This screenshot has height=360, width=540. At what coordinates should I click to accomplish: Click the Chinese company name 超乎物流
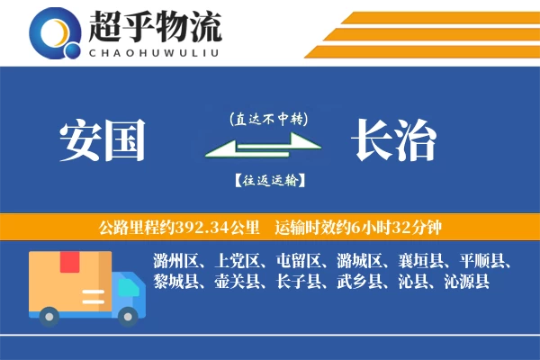[x=156, y=27]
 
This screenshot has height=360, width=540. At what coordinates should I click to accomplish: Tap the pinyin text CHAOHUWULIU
[x=155, y=50]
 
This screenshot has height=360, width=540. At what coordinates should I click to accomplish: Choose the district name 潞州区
[x=175, y=262]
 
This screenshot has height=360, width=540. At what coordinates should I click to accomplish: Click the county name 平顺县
[x=481, y=262]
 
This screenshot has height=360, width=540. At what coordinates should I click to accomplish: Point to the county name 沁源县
[x=466, y=283]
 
